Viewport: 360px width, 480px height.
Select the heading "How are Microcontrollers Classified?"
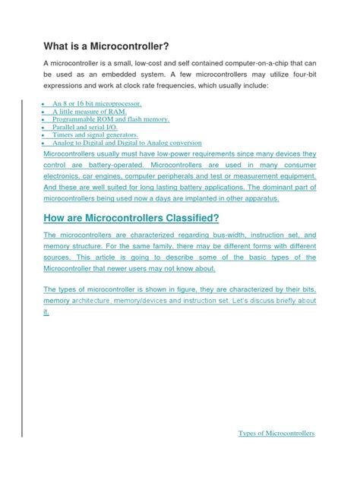click(131, 219)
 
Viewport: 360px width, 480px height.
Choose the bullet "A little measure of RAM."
click(89, 111)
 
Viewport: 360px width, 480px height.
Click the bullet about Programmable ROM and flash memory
click(110, 119)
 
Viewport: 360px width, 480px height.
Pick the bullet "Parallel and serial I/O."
click(86, 127)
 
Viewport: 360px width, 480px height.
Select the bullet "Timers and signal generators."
click(94, 134)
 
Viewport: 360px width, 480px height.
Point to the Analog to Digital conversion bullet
click(126, 142)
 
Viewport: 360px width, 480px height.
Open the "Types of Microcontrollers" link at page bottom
click(276, 433)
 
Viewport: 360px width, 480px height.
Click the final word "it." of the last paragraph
click(46, 312)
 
